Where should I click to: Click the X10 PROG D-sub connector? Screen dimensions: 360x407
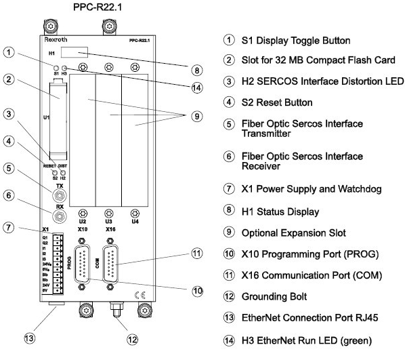tap(83, 262)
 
